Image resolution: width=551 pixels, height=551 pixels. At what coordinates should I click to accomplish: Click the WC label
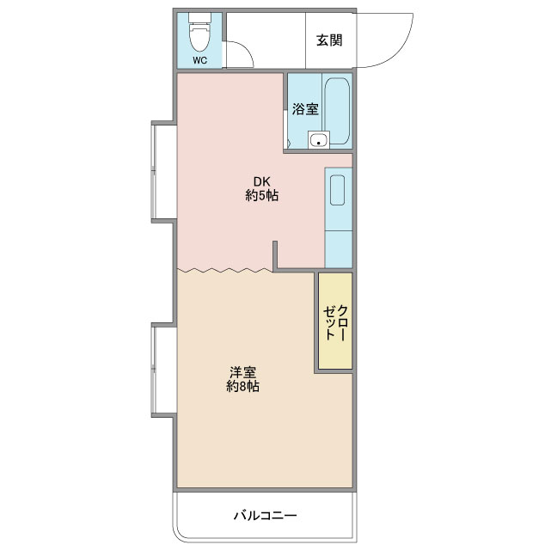(199, 60)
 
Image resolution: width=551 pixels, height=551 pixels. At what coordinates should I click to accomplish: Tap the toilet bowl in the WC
(199, 37)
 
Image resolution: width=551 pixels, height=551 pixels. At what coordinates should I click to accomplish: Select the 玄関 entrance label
(329, 40)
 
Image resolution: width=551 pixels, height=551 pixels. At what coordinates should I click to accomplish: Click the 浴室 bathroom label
(305, 109)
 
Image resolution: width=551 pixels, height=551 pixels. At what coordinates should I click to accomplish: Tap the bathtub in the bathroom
(337, 111)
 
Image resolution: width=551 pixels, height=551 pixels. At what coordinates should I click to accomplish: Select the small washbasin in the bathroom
(319, 140)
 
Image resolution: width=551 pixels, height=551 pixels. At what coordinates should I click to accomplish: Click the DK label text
(262, 181)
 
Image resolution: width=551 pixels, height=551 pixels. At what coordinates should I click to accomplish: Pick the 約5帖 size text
(262, 195)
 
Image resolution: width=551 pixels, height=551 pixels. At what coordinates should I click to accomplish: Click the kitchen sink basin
(337, 190)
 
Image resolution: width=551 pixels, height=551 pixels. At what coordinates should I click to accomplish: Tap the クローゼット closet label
(335, 322)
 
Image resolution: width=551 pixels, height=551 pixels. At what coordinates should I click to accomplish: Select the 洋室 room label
(242, 372)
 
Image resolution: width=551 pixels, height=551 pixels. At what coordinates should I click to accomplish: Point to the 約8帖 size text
(242, 386)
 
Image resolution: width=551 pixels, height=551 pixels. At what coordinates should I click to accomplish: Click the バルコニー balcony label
(266, 516)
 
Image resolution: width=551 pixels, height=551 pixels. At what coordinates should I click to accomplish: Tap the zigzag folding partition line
(225, 270)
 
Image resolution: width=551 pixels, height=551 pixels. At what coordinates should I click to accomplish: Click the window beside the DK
(153, 171)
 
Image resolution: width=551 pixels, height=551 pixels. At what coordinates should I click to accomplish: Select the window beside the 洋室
(153, 370)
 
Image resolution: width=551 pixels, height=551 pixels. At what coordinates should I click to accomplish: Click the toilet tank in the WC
(199, 17)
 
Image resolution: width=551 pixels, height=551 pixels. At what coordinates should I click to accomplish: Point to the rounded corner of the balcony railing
(177, 534)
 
